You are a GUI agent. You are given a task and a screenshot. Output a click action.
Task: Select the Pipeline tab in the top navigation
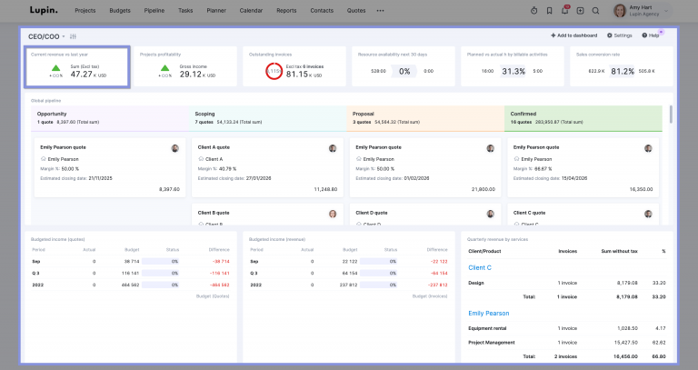[154, 10]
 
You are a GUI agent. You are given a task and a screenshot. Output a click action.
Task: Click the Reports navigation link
[286, 10]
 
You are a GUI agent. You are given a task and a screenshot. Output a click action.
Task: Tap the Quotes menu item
[356, 10]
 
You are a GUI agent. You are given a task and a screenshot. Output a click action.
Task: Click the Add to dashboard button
[574, 35]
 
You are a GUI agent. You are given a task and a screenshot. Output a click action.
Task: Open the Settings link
[619, 35]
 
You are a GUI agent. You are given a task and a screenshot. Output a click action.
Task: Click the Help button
[652, 35]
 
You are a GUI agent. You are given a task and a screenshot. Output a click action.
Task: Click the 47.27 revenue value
[83, 74]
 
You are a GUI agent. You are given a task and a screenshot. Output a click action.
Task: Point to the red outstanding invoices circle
[274, 71]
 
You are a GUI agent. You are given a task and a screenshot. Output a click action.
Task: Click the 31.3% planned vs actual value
[514, 71]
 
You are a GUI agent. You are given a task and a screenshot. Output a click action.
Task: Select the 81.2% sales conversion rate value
[623, 71]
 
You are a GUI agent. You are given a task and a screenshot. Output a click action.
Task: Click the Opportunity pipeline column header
[53, 114]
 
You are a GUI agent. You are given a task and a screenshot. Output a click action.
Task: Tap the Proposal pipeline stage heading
[365, 114]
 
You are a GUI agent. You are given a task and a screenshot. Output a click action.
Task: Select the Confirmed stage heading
[524, 114]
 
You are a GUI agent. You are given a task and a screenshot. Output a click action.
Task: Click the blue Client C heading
[480, 267]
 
